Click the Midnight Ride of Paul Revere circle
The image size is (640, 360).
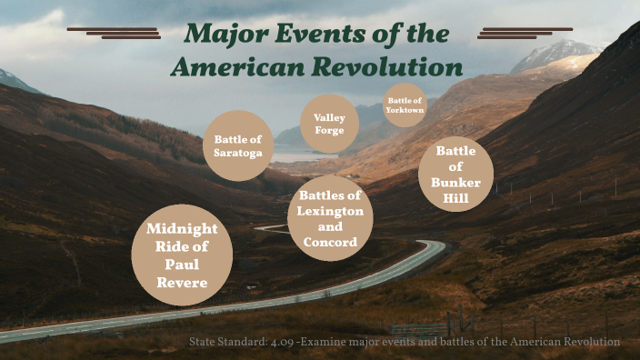[x=182, y=255]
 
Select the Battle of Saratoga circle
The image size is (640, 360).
[x=238, y=145]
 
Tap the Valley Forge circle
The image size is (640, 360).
[x=329, y=124]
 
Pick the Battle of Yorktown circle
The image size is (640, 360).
[x=405, y=105]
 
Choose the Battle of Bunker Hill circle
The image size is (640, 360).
[x=456, y=173]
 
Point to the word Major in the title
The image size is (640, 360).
[x=219, y=35]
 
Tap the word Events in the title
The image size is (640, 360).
[x=305, y=35]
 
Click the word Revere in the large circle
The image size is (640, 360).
[x=182, y=283]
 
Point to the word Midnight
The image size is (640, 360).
[x=182, y=228]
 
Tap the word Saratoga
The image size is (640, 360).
[x=238, y=153]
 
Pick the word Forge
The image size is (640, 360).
[x=329, y=130]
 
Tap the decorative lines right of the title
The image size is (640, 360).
[x=525, y=33]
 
